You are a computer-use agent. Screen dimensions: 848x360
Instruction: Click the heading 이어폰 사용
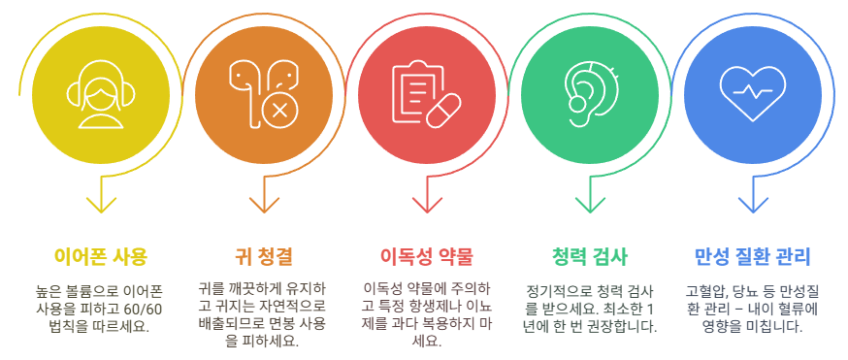pyautogui.click(x=101, y=256)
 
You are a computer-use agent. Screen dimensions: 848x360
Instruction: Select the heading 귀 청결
pyautogui.click(x=263, y=256)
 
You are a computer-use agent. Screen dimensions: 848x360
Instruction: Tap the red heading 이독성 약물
pyautogui.click(x=426, y=256)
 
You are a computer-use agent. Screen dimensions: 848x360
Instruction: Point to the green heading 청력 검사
pyautogui.click(x=590, y=256)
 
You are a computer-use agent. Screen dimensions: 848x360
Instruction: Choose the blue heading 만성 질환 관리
pyautogui.click(x=752, y=256)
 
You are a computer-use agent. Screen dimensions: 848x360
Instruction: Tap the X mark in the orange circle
pyautogui.click(x=279, y=111)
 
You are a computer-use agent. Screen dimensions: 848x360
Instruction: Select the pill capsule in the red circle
pyautogui.click(x=443, y=111)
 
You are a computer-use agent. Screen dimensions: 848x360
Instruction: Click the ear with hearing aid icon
pyautogui.click(x=590, y=94)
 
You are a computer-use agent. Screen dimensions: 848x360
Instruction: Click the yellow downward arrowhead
pyautogui.click(x=101, y=205)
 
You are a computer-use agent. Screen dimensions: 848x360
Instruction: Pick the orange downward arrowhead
pyautogui.click(x=264, y=205)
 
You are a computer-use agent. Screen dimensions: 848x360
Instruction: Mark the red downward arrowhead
pyautogui.click(x=427, y=205)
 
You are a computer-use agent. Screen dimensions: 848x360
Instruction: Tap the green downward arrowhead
pyautogui.click(x=590, y=205)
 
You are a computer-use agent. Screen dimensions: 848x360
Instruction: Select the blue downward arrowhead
pyautogui.click(x=753, y=205)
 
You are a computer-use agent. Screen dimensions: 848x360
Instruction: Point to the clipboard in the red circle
pyautogui.click(x=415, y=94)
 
